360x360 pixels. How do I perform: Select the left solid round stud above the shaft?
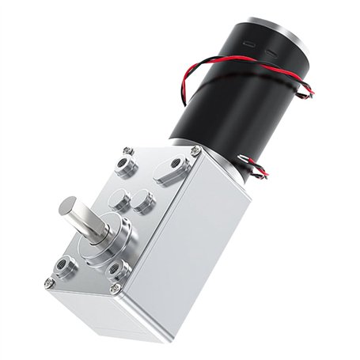coord(118,195)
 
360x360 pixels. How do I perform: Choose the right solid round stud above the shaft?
coord(142,201)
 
